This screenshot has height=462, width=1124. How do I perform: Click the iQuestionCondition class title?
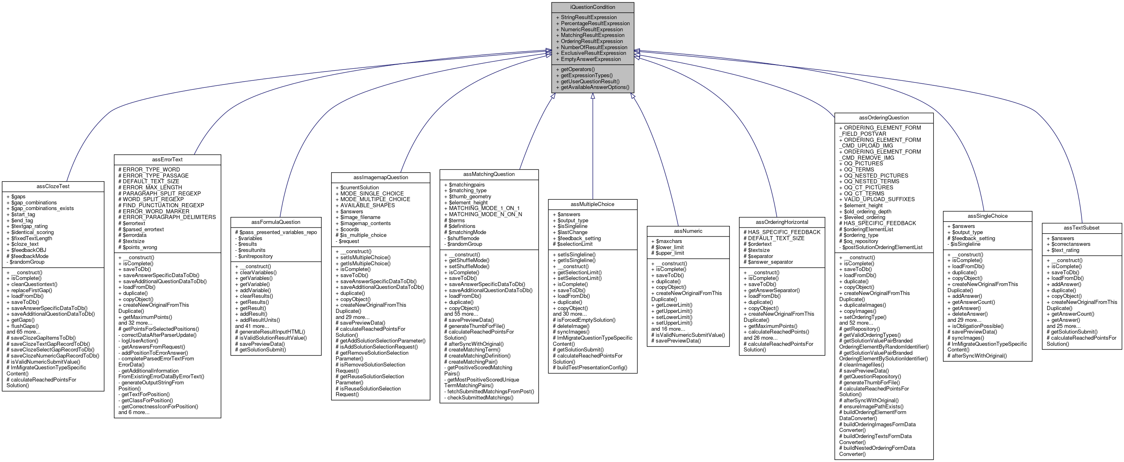[x=592, y=7]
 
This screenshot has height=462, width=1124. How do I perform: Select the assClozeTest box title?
[x=53, y=186]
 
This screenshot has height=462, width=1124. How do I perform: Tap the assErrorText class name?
[x=167, y=160]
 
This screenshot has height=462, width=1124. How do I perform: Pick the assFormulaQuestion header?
[x=276, y=222]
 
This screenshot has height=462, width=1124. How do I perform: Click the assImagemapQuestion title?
[x=380, y=178]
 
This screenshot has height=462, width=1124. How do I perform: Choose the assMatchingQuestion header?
[x=489, y=174]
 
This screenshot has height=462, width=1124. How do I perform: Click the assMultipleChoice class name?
[x=592, y=204]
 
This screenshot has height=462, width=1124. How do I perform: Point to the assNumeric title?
[x=687, y=231]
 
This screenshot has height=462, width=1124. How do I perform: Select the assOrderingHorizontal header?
[x=781, y=222]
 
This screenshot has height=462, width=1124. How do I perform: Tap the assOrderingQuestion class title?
[x=884, y=118]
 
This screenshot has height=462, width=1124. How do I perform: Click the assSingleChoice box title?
[x=987, y=216]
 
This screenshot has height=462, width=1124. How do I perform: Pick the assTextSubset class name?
[x=1081, y=228]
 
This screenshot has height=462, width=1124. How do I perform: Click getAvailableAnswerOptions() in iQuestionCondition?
[x=595, y=87]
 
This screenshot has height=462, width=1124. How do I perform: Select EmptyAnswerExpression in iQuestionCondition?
[x=590, y=59]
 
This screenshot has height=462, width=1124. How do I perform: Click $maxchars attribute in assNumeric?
[x=668, y=241]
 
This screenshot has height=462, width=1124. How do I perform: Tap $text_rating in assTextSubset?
[x=1065, y=250]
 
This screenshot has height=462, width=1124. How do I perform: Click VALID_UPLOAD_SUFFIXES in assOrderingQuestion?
[x=879, y=199]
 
